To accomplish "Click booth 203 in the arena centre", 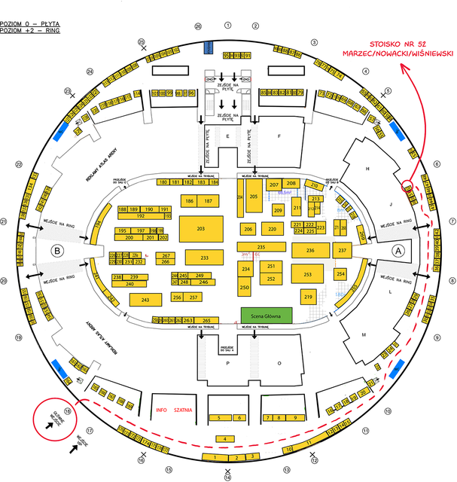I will [200, 227].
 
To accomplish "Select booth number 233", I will [204, 258].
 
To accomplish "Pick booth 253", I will [307, 275].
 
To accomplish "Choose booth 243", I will [145, 300].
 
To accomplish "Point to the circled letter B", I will [55, 250].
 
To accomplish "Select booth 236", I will [310, 249].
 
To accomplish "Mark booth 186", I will [188, 201].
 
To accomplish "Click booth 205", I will [254, 196].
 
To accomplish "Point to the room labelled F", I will [279, 136].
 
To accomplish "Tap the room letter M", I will [363, 334].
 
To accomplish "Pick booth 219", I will [309, 297].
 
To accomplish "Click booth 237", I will [342, 250].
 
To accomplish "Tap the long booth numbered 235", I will [261, 247].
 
